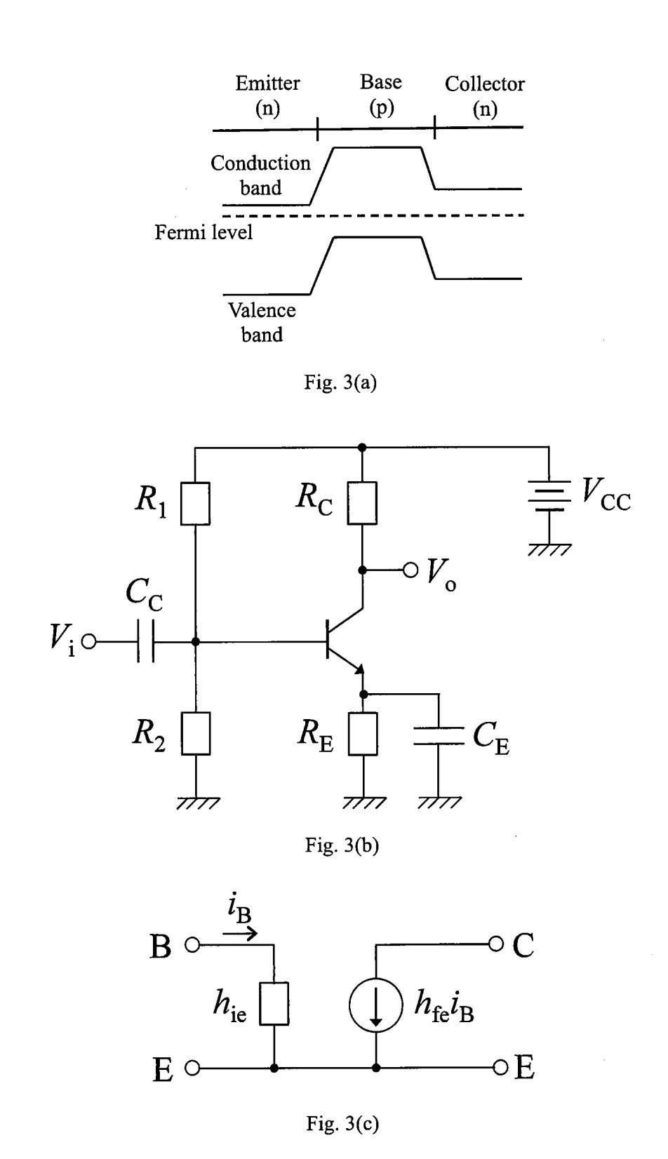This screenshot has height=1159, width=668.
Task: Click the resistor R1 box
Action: [x=195, y=504]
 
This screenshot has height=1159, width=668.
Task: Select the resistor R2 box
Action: [x=195, y=733]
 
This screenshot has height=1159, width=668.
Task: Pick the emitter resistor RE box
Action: [x=363, y=733]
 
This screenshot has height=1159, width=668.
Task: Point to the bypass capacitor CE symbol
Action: [x=438, y=735]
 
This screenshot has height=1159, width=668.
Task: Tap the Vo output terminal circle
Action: [x=410, y=570]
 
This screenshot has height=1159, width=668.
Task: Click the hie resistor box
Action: [x=274, y=1005]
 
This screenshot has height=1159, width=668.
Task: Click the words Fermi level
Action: [x=203, y=232]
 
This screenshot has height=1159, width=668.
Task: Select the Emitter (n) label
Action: [x=267, y=95]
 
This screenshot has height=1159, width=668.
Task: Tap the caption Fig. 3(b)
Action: [x=342, y=845]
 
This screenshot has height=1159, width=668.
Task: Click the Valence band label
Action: [x=262, y=322]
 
